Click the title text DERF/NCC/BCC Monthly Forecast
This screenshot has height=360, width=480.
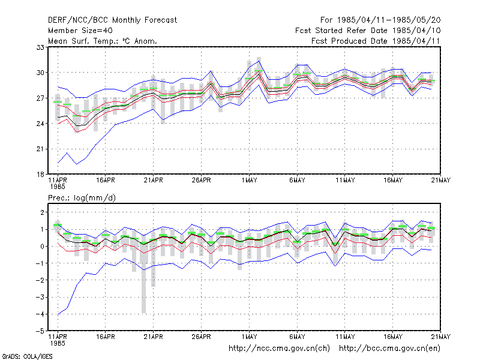(112, 20)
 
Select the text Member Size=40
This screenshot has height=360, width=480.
(80, 31)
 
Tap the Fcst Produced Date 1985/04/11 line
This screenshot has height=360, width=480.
(376, 41)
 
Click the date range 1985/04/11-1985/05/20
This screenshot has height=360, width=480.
(389, 20)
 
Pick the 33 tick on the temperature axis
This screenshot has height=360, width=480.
(40, 47)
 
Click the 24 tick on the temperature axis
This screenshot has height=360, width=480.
(40, 124)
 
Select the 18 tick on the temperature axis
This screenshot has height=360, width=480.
(40, 175)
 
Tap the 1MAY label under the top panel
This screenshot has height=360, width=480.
(249, 181)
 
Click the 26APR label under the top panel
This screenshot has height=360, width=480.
(201, 181)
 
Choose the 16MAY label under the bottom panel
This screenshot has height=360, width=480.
(393, 337)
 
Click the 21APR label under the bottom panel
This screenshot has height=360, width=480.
(153, 337)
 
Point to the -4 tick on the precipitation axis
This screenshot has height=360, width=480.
(40, 314)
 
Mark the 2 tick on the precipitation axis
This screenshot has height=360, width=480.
(42, 212)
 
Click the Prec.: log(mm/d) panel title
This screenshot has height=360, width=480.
(82, 198)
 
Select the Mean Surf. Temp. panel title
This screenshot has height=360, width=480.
(102, 41)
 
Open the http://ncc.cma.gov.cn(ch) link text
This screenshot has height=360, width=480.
(279, 349)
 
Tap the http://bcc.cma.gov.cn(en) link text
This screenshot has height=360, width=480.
(389, 349)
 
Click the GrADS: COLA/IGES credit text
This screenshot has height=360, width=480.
(27, 356)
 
